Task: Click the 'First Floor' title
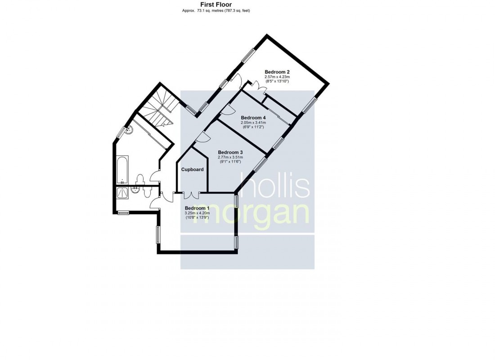[x=216, y=4]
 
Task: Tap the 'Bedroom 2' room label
[x=277, y=72]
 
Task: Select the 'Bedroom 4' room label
[x=253, y=118]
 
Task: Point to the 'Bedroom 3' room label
[x=230, y=152]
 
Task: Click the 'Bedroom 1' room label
[x=197, y=208]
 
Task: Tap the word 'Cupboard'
[x=192, y=170]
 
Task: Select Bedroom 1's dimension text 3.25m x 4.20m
[x=197, y=213]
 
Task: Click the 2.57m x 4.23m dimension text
[x=277, y=77]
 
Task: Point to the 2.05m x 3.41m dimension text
[x=253, y=122]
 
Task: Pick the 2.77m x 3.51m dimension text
[x=230, y=157]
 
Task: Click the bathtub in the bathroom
[x=122, y=170]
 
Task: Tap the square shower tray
[x=122, y=193]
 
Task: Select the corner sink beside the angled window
[x=129, y=130]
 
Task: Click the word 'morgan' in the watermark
[x=251, y=215]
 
